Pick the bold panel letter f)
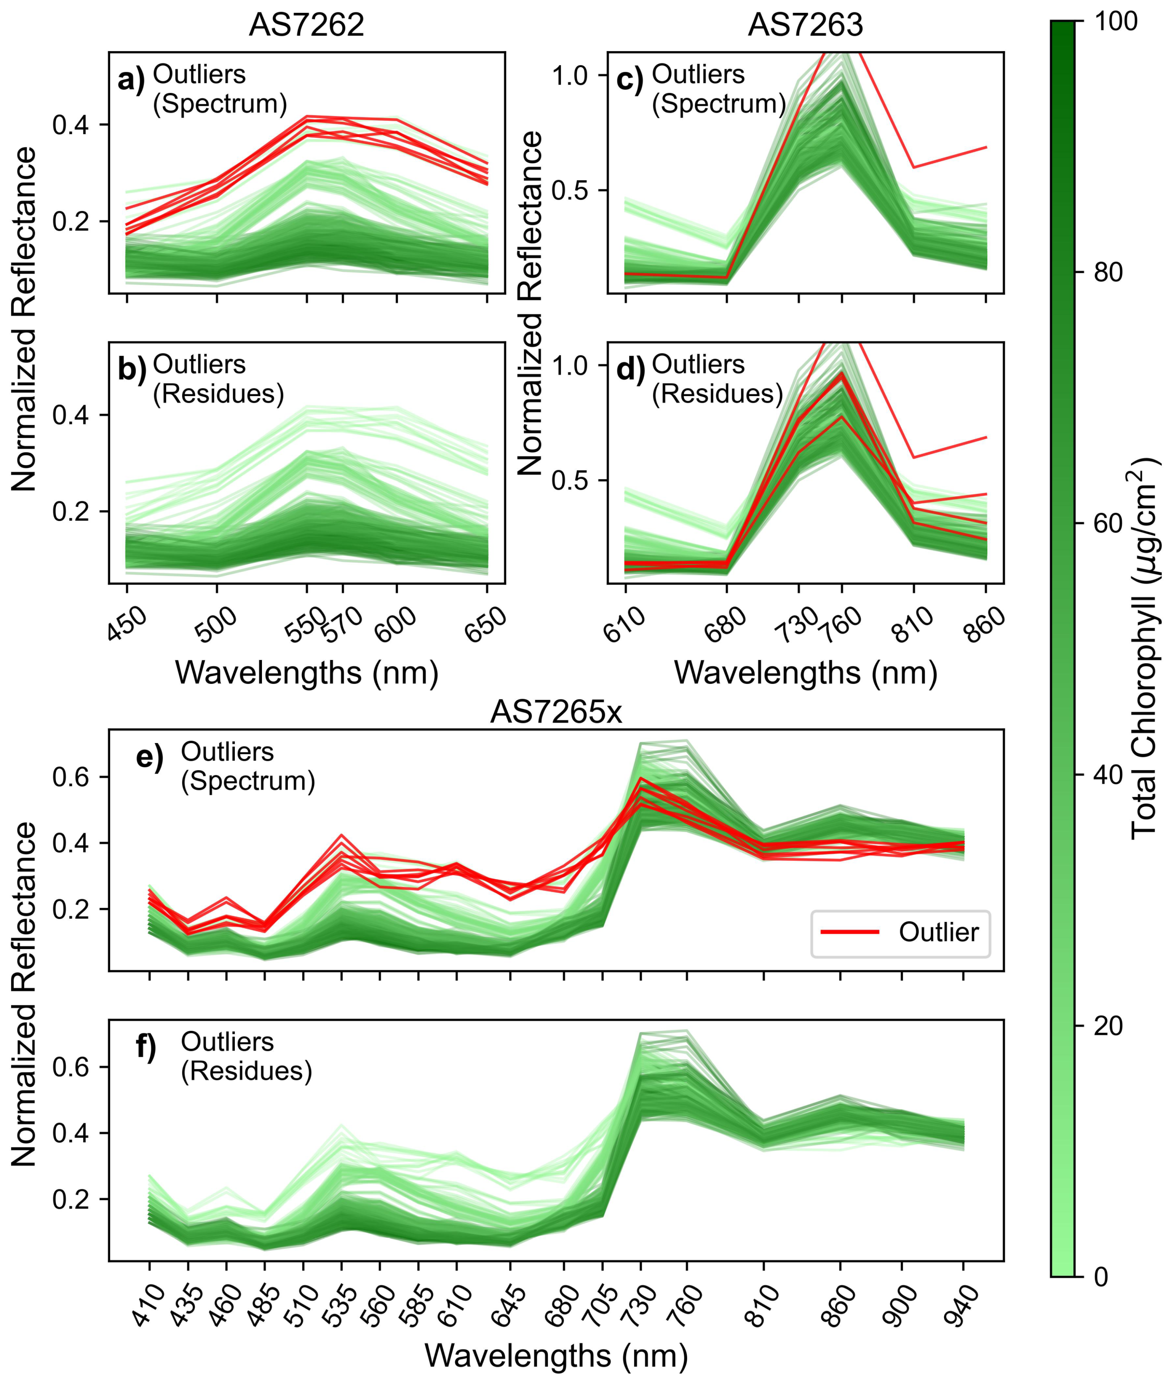[x=146, y=1047]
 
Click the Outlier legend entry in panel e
[x=938, y=932]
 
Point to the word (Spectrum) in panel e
[x=248, y=781]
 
